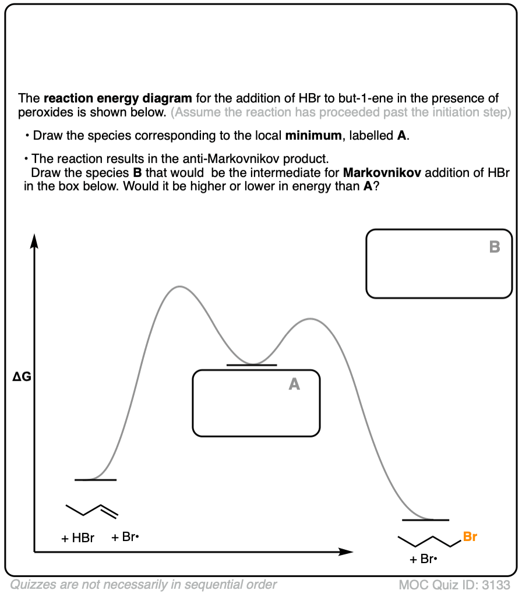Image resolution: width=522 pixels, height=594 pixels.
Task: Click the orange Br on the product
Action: pyautogui.click(x=470, y=537)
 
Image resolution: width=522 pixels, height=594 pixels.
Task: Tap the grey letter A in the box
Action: pyautogui.click(x=294, y=384)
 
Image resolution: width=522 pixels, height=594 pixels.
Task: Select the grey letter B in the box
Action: pyautogui.click(x=495, y=248)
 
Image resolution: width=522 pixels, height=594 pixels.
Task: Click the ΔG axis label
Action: pyautogui.click(x=22, y=378)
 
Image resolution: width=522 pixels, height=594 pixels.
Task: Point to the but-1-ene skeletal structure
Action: pyautogui.click(x=91, y=510)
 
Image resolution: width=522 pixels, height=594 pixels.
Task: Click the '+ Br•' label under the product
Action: pyautogui.click(x=423, y=560)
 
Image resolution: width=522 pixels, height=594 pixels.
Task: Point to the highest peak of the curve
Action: pyautogui.click(x=179, y=287)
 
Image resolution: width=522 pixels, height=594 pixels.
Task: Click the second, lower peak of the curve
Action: pyautogui.click(x=310, y=319)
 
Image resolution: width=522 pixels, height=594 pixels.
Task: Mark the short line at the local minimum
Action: pyautogui.click(x=252, y=365)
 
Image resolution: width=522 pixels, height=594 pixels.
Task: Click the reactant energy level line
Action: pyautogui.click(x=96, y=480)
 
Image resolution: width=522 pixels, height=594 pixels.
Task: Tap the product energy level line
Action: pyautogui.click(x=425, y=519)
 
